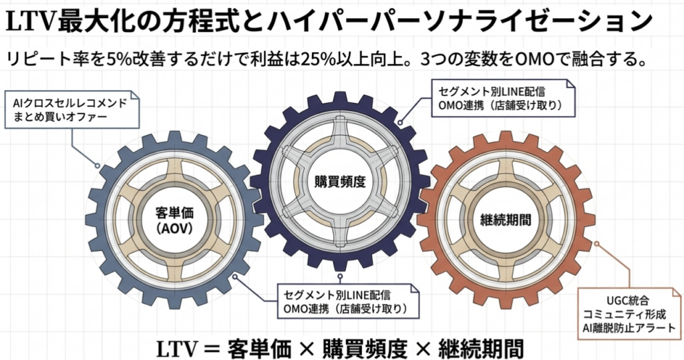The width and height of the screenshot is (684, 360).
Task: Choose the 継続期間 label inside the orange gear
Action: click(x=506, y=220)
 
